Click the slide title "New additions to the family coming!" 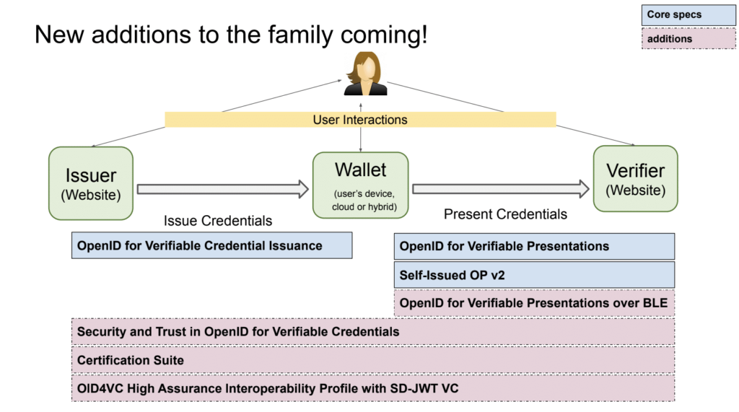(230, 35)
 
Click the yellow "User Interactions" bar (360, 120)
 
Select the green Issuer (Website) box (91, 183)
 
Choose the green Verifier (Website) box (635, 179)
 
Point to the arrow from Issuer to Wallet (223, 189)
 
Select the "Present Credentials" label (505, 214)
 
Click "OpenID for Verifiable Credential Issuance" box (211, 245)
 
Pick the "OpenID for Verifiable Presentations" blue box (534, 246)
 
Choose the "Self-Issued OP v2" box (534, 275)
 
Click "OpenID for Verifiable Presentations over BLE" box (534, 303)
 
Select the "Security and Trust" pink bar (372, 332)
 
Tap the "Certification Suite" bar (372, 360)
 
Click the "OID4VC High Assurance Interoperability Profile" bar (372, 388)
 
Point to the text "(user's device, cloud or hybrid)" (360, 199)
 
